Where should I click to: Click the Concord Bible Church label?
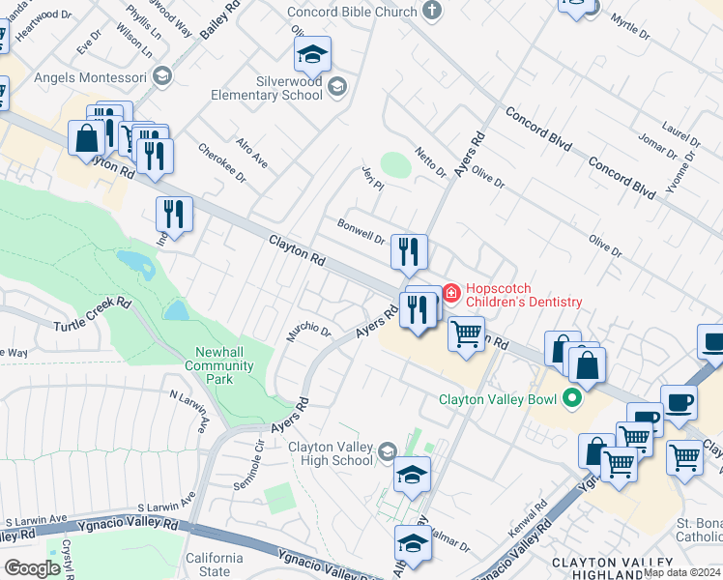point(353,11)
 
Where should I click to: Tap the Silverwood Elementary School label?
point(275,89)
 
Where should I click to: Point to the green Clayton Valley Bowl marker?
point(572,397)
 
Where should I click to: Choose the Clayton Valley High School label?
point(330,453)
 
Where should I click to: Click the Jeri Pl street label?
point(372,177)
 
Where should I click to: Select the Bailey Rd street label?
point(218,19)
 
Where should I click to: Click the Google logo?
point(32,567)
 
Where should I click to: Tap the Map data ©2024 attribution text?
point(681,572)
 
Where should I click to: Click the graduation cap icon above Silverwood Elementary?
point(312,55)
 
